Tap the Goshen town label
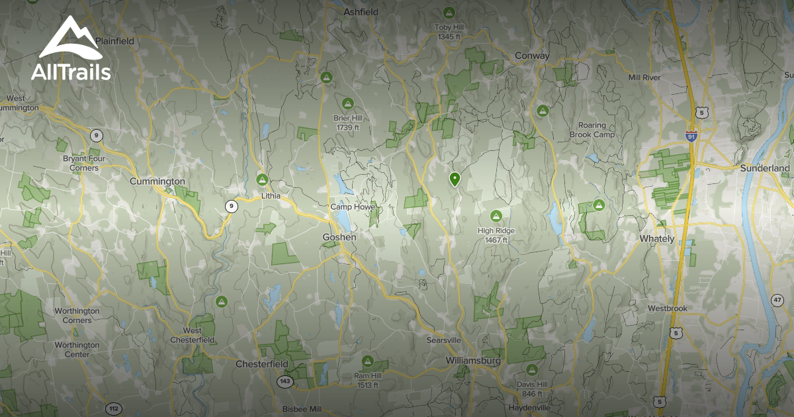click(x=339, y=237)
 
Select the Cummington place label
click(x=157, y=181)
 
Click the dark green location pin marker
click(x=455, y=179)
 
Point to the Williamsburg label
click(x=472, y=361)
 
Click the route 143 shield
click(x=285, y=381)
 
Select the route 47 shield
click(x=777, y=301)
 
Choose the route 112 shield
click(x=113, y=408)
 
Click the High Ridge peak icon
click(x=496, y=216)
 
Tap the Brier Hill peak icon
click(x=347, y=103)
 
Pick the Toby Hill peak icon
click(x=449, y=13)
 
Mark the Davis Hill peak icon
click(x=531, y=369)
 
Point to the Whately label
click(x=656, y=238)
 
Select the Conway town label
click(x=532, y=56)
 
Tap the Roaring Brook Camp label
click(x=592, y=130)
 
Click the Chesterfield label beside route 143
click(x=262, y=364)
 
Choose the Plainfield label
click(x=114, y=41)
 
